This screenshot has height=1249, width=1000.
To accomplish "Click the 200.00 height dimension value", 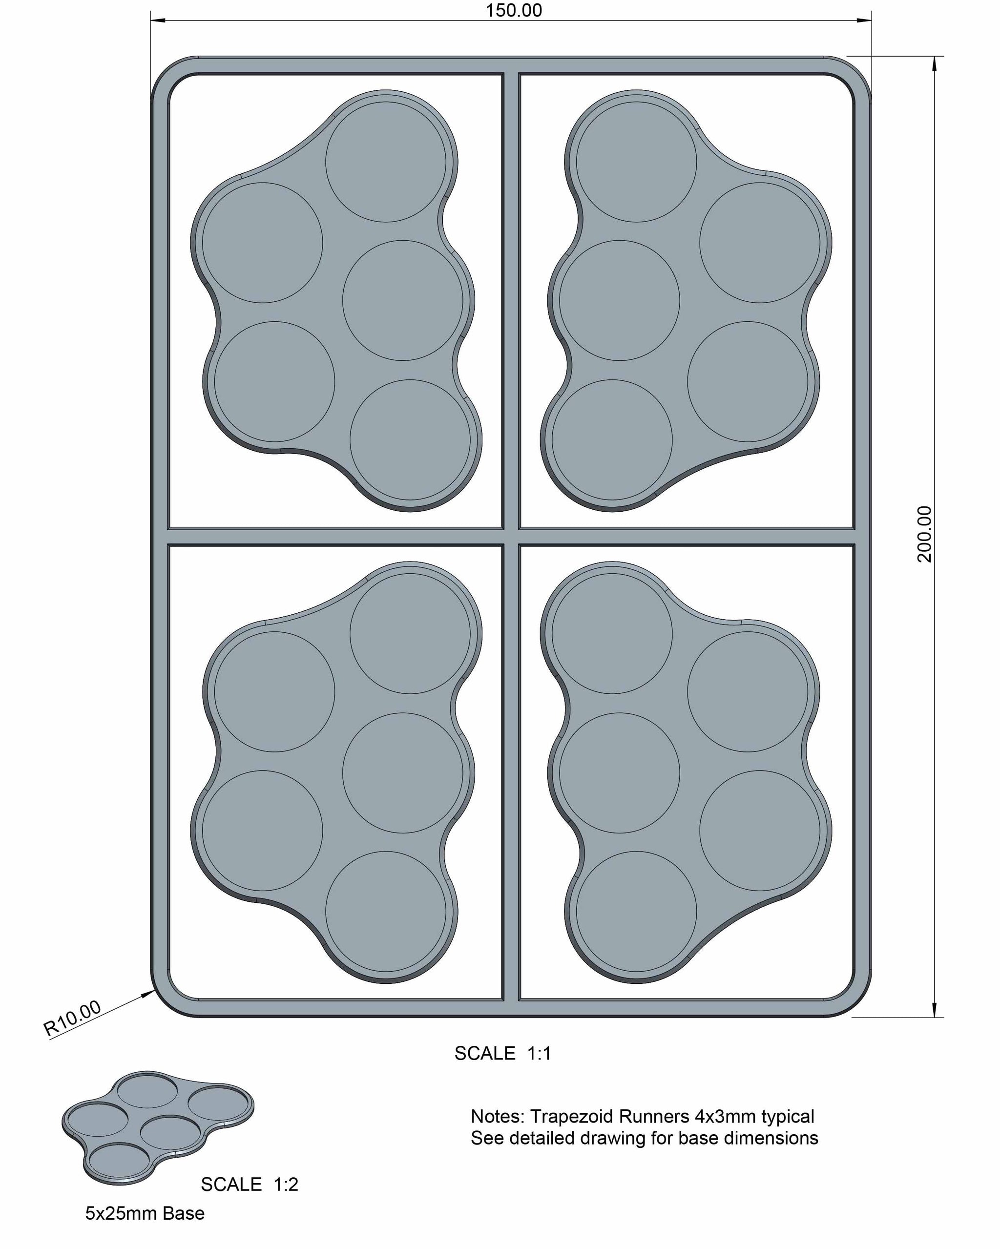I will (925, 534).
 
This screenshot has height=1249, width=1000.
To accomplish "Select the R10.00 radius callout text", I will (72, 1018).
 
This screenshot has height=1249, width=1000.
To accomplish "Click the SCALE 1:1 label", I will (502, 1053).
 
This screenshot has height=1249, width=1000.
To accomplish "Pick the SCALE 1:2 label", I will (249, 1185).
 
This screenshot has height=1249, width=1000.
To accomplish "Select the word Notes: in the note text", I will (497, 1116).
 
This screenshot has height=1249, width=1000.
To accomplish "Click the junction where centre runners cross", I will (511, 537).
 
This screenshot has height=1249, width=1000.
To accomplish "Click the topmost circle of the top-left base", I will (386, 162).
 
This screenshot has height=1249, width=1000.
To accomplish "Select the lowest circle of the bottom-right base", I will (636, 911).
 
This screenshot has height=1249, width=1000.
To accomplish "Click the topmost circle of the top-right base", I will (636, 162).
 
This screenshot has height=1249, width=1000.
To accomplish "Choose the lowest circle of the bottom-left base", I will (386, 911).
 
